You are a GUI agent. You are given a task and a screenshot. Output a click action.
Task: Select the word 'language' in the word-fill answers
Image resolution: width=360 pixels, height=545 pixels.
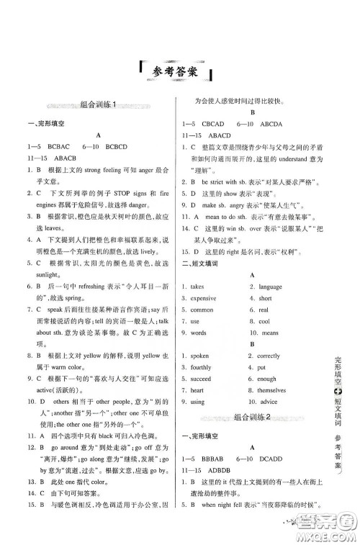coord(270,287)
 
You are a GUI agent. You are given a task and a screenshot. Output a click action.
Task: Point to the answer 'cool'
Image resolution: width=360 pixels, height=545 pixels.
coord(264,321)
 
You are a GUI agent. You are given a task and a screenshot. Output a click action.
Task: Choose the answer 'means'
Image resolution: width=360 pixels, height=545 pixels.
coord(270,333)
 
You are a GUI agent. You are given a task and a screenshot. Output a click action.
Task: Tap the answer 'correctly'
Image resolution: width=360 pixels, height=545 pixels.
coord(269,356)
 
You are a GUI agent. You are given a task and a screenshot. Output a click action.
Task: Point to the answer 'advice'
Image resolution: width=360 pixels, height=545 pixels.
coord(271,402)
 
